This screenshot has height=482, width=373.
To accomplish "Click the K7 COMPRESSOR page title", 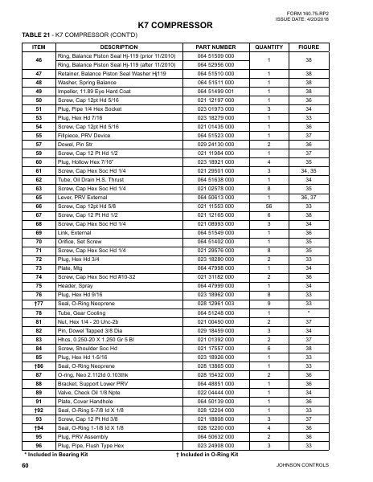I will (186, 27).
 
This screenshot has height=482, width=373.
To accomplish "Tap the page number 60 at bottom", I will (27, 466).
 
